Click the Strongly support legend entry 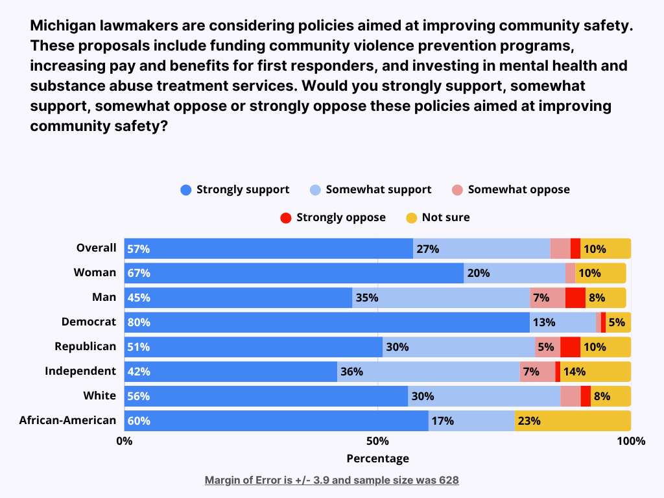pos(235,190)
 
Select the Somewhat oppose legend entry pos(511,190)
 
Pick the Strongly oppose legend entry pos(333,217)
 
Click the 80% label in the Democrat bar pos(138,322)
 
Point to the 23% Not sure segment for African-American pos(572,421)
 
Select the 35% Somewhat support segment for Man pos(441,298)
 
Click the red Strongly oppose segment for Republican pos(570,347)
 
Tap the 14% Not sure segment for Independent pos(595,372)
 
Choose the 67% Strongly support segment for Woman pos(294,273)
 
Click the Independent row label pos(80,371)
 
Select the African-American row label pos(67,420)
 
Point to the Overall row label pos(96,248)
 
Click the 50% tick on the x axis pos(377,442)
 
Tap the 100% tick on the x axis pos(630,442)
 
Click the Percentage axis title pos(377,458)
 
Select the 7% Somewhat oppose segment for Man pos(547,298)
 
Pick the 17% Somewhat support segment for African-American pos(471,421)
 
